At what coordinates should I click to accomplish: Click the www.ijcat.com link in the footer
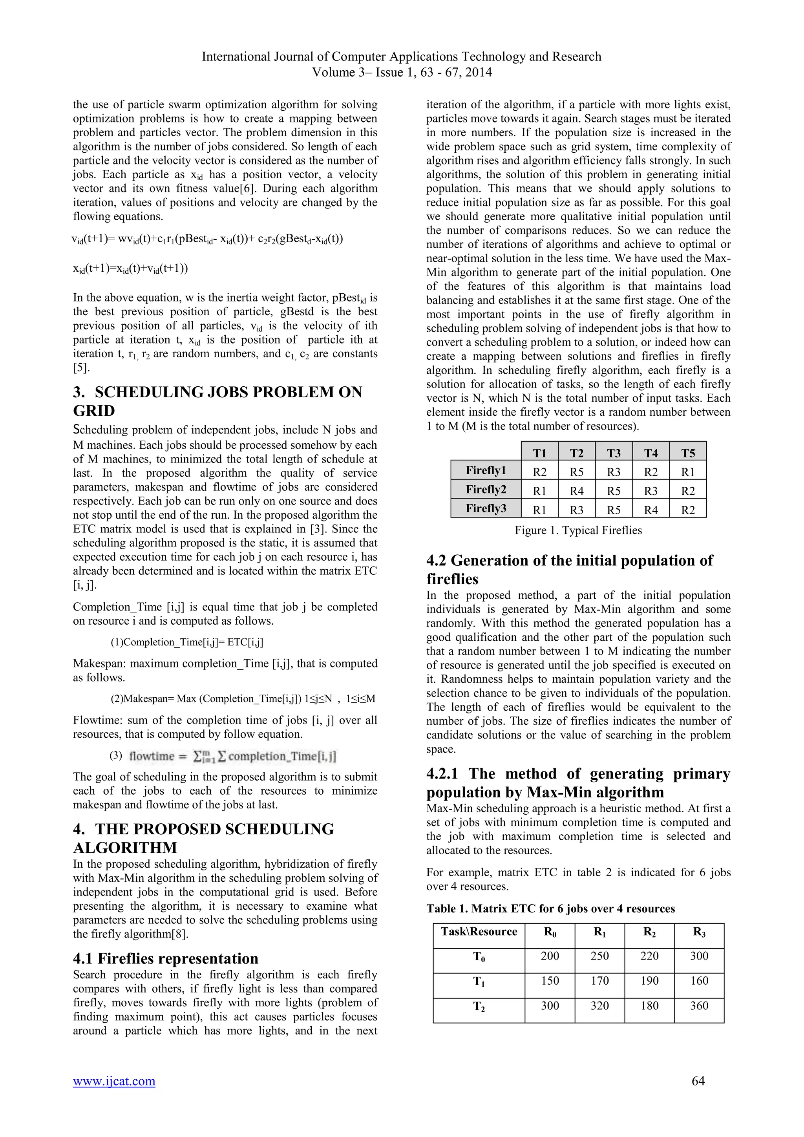pos(114,1081)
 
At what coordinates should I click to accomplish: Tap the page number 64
pos(698,1081)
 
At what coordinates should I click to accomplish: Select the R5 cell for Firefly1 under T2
pos(576,472)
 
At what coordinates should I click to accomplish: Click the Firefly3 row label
pos(486,508)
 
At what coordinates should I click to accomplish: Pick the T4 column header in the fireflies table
pos(651,453)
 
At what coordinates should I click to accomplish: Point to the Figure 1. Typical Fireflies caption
pos(578,530)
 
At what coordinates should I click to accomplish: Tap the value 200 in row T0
pos(550,956)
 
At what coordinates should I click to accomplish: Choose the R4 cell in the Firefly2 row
pos(576,491)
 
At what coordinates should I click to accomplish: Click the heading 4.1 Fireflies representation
pos(165,958)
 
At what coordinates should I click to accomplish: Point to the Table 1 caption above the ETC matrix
pos(550,909)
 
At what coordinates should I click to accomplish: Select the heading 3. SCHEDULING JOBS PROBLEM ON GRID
pos(217,401)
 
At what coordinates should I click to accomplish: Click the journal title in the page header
pos(401,57)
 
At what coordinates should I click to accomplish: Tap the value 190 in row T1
pos(649,981)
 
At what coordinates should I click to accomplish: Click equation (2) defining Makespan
pos(243,699)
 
